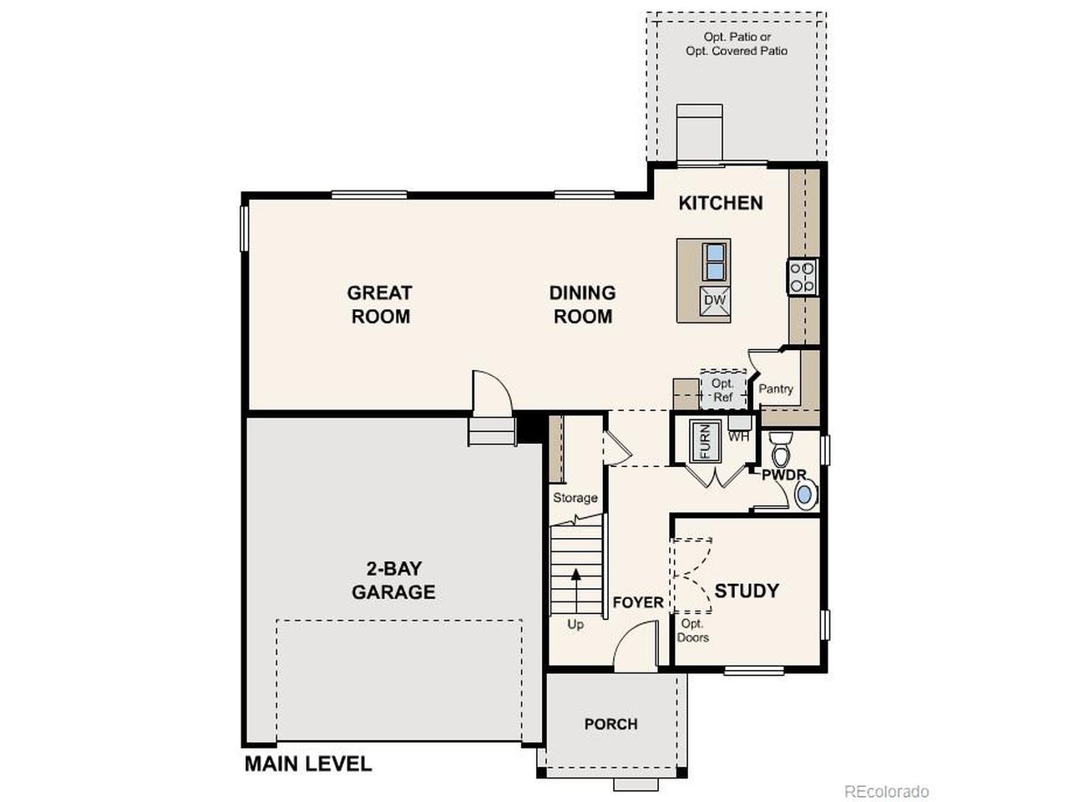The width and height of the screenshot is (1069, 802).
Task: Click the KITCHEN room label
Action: (720, 203)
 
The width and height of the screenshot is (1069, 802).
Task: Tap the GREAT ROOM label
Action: (380, 304)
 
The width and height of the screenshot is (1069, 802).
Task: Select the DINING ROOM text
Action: (582, 304)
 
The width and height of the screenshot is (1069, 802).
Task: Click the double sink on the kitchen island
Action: (715, 261)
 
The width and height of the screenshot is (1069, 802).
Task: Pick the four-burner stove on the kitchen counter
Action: (803, 277)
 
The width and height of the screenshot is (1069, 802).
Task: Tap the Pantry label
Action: (776, 388)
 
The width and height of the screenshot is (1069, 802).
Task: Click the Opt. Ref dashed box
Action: (722, 390)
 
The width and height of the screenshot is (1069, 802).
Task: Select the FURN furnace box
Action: (703, 442)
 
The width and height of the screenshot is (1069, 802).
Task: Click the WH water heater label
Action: (738, 435)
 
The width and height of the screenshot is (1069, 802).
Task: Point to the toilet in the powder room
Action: (781, 449)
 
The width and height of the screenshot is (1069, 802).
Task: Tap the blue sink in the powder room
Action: (804, 495)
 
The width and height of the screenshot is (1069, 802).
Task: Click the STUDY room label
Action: (747, 591)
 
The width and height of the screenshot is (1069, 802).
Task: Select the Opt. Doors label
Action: (692, 631)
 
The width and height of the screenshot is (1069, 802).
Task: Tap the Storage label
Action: (575, 498)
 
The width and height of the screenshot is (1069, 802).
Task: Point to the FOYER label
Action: (638, 602)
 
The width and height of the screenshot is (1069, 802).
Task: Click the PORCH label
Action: (610, 723)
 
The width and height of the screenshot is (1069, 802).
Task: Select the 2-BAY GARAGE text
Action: (393, 581)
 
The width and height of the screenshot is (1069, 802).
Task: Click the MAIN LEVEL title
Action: (308, 763)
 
